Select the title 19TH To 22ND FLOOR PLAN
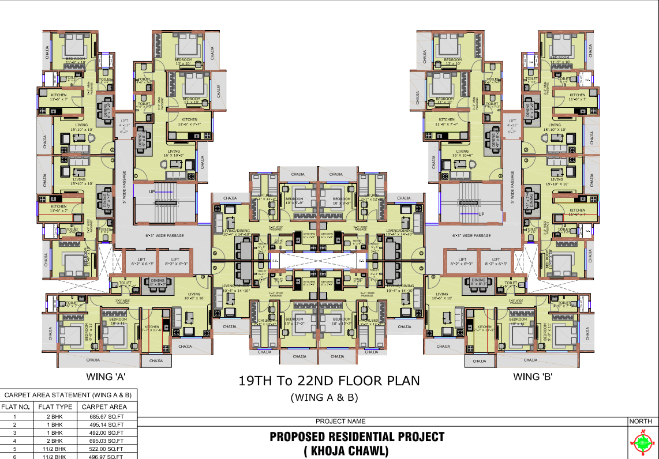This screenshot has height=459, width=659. tap(329, 381)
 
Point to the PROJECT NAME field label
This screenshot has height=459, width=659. tap(340, 422)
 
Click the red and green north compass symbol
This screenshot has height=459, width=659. tap(642, 443)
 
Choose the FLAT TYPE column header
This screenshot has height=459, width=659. tap(55, 407)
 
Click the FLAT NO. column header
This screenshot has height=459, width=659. tap(15, 407)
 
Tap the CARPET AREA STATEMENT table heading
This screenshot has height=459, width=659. tap(68, 395)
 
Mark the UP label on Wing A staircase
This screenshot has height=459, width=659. tap(152, 191)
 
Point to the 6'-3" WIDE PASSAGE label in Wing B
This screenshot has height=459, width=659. tap(471, 235)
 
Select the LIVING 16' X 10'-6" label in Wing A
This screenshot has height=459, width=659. tap(174, 153)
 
